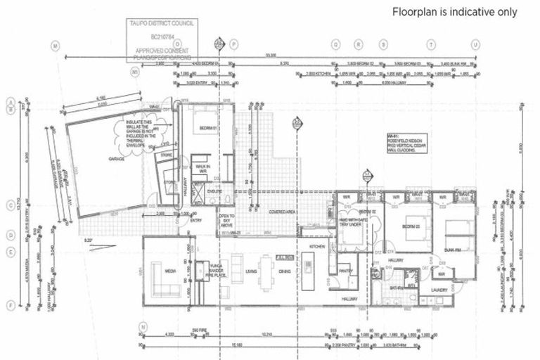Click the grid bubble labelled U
pos(475,44)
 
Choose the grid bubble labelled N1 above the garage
pos(136,72)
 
